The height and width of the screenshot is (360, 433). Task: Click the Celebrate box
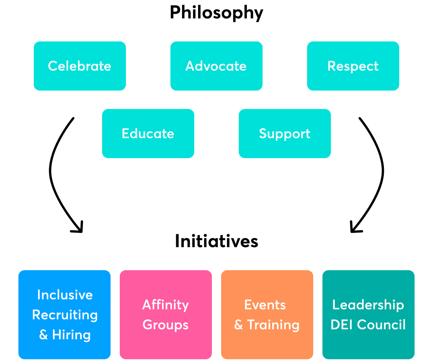80,66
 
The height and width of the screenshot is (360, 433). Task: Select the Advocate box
216,66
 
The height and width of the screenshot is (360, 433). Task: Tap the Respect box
353,66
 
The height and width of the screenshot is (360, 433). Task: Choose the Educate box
148,134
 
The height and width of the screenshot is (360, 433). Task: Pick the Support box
284,134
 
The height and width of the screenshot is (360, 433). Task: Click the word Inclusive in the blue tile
65,295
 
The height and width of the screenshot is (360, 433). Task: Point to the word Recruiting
65,315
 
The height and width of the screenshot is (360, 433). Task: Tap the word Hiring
72,335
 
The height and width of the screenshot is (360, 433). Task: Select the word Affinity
166,305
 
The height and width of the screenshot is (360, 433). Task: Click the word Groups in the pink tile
166,325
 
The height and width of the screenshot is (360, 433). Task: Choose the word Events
265,305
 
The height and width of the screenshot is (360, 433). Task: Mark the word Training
273,325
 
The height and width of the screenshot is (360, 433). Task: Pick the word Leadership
368,305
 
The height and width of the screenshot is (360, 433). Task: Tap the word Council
382,325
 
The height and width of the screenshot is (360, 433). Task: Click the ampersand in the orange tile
238,325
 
